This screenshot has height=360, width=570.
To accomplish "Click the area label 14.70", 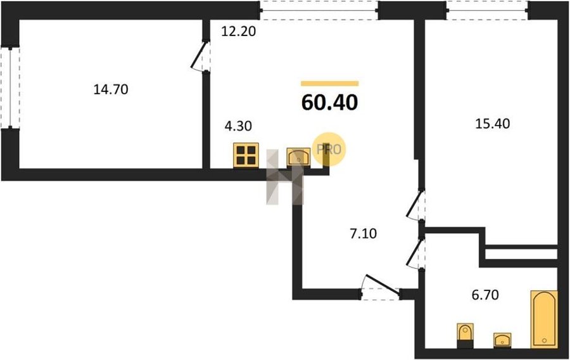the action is (x=111, y=89).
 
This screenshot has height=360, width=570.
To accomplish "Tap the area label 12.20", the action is (x=239, y=32).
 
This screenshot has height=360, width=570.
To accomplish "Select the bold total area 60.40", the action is (x=330, y=102).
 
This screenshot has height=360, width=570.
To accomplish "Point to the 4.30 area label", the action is (x=239, y=126).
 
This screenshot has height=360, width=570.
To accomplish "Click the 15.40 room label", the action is (x=493, y=124).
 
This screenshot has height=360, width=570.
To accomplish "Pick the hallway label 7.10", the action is (x=363, y=233).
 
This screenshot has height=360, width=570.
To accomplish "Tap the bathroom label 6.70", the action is (x=485, y=295).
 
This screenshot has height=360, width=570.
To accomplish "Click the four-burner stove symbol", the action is (x=246, y=155).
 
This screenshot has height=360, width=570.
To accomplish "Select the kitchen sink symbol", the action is (x=298, y=157).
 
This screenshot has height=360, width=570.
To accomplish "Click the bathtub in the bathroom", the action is (x=544, y=319).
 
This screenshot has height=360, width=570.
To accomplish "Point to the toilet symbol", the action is (x=465, y=336).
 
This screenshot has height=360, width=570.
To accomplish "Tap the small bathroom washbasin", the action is (x=502, y=340).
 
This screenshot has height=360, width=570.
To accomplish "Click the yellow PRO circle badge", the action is (x=329, y=150).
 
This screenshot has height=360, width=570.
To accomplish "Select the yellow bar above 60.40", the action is (x=330, y=84).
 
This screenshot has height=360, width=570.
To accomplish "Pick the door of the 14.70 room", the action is (x=200, y=56).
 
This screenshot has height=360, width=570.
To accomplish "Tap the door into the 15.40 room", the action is (x=415, y=205).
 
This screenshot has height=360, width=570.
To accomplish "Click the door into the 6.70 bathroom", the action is (x=415, y=254).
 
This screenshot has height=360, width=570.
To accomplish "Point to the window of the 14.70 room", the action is (x=9, y=87).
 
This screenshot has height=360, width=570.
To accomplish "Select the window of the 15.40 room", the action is (x=487, y=10).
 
